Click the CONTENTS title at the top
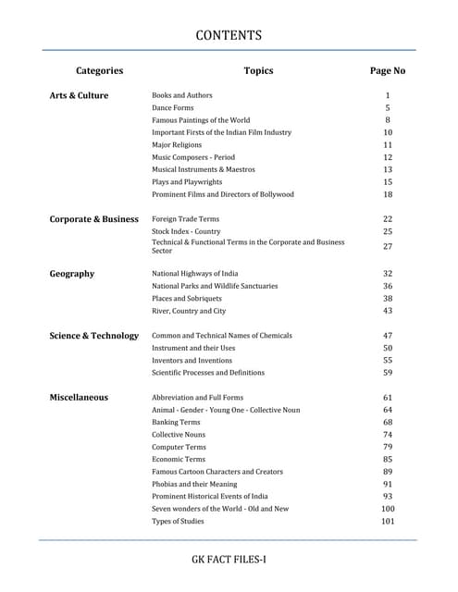tap(229, 36)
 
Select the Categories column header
tap(99, 70)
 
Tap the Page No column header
tap(388, 70)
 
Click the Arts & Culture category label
tap(79, 95)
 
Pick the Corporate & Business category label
tap(93, 219)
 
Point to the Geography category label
tap(71, 274)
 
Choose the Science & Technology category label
tap(93, 336)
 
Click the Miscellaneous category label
tap(79, 398)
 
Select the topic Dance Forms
tap(174, 108)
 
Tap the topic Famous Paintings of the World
tap(201, 120)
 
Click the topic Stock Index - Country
tap(186, 231)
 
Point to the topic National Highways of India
tap(194, 274)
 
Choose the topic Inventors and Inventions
tap(192, 360)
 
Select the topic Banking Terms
tap(176, 422)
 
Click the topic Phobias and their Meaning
tap(194, 484)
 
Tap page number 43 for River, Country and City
tap(388, 311)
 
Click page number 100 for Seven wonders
tap(388, 509)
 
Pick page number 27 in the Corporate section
tap(388, 247)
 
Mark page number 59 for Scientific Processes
tap(388, 373)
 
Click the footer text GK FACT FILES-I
tap(229, 560)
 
